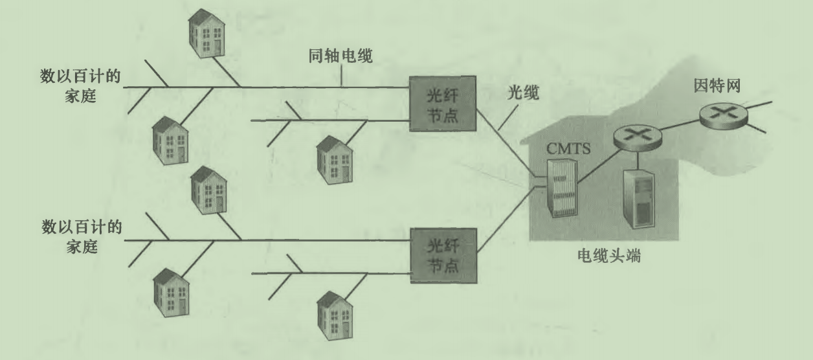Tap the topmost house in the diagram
pos(204,33)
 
